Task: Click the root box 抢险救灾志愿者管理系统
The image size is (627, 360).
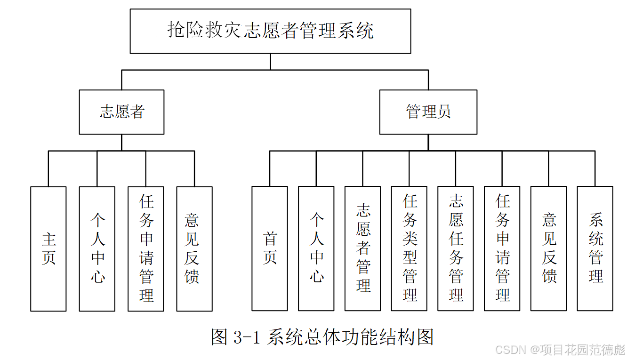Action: click(270, 31)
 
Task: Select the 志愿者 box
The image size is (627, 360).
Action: click(121, 112)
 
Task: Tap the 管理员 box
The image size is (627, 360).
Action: click(428, 112)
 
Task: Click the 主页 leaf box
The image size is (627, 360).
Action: click(48, 248)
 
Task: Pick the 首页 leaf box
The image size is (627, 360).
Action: click(270, 248)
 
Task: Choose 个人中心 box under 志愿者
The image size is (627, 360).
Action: click(97, 248)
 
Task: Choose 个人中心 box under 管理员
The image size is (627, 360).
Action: click(316, 248)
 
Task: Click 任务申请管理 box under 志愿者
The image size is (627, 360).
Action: click(146, 248)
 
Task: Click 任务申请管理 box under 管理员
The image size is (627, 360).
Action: click(502, 248)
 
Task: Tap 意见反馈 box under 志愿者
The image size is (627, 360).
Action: click(194, 248)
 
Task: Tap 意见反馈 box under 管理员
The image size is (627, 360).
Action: click(548, 248)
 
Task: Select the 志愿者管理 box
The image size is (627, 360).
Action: click(362, 248)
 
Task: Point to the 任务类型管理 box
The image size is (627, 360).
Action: click(409, 248)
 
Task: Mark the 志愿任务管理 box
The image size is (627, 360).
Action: click(456, 248)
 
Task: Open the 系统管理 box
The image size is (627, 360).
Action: click(595, 248)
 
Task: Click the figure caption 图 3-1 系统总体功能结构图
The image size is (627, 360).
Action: click(322, 337)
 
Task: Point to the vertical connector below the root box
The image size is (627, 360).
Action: click(270, 62)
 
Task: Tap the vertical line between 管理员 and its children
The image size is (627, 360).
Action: click(428, 143)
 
